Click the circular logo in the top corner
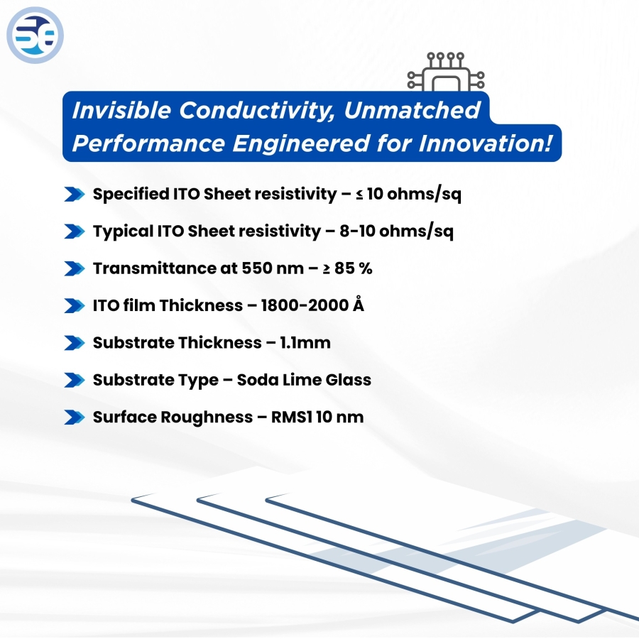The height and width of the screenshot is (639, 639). point(35,35)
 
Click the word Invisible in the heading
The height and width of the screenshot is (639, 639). point(121,111)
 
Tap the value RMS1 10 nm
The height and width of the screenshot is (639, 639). point(317,417)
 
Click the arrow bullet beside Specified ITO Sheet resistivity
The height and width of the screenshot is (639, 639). point(74,195)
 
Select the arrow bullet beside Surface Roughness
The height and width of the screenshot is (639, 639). point(74,417)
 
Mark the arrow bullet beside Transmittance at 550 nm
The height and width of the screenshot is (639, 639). point(74,268)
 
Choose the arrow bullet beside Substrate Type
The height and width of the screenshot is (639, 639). point(74,380)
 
